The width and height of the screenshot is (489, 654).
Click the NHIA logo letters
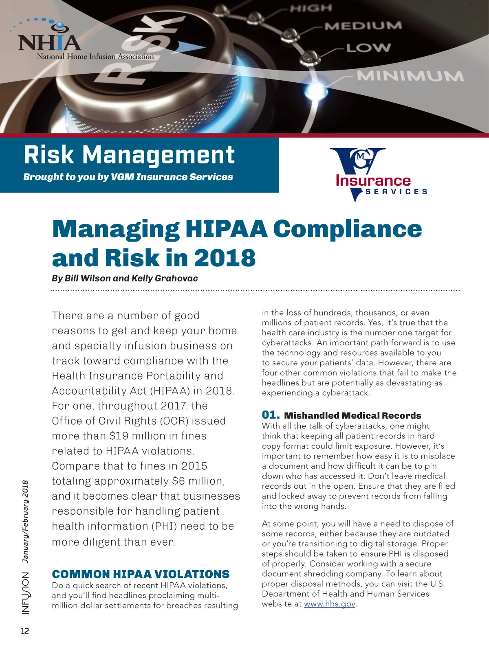tap(49, 42)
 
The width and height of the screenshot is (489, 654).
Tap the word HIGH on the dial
tap(311, 8)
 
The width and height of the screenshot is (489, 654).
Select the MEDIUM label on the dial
tap(363, 26)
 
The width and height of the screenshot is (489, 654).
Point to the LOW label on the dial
tap(368, 48)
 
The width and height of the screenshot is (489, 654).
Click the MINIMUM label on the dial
tap(410, 76)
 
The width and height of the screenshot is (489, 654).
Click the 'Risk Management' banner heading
tap(129, 155)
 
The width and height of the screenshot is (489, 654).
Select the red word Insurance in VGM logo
tap(373, 180)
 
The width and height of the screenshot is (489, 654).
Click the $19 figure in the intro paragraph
tap(117, 436)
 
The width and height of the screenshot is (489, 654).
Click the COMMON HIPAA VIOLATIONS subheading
tap(141, 574)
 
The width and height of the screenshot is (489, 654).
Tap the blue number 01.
tap(271, 415)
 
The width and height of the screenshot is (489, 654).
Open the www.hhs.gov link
tap(330, 604)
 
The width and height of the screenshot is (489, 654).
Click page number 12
tap(25, 631)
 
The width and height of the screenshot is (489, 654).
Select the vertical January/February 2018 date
tap(26, 522)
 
